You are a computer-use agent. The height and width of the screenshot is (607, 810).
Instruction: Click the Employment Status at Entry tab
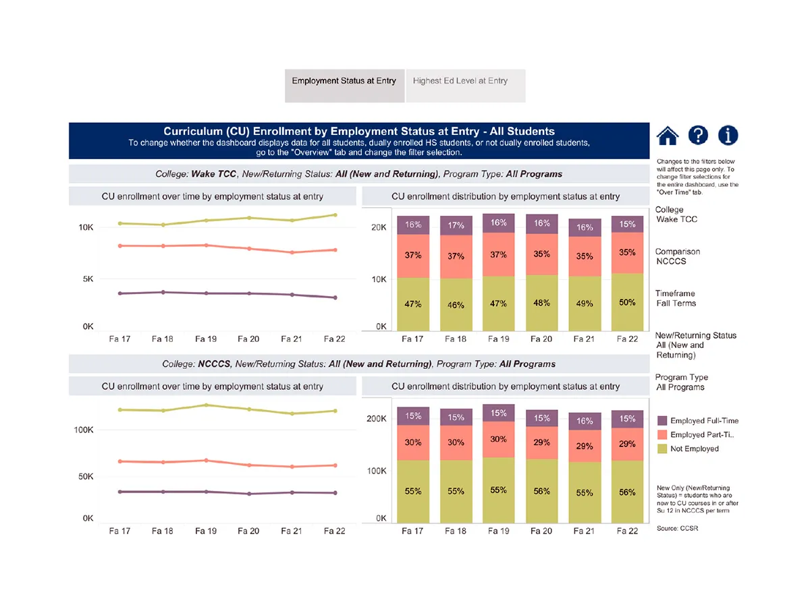pyautogui.click(x=344, y=81)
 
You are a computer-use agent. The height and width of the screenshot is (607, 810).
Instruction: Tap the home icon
pyautogui.click(x=668, y=136)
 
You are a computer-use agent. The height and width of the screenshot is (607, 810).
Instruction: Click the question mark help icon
pyautogui.click(x=698, y=135)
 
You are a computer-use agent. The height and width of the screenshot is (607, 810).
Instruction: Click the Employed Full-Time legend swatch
pyautogui.click(x=661, y=421)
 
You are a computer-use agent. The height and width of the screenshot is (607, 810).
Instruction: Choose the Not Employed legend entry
pyautogui.click(x=695, y=449)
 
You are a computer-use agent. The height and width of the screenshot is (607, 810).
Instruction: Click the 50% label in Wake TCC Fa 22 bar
pyautogui.click(x=627, y=303)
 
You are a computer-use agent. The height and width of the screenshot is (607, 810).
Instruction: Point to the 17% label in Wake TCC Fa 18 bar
pyautogui.click(x=456, y=226)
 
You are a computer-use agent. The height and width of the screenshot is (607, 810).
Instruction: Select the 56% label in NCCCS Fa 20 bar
pyautogui.click(x=541, y=492)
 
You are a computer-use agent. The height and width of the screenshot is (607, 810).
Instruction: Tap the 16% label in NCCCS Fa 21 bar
pyautogui.click(x=585, y=421)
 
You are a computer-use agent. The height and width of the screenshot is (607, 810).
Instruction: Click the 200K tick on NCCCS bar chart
pyautogui.click(x=377, y=419)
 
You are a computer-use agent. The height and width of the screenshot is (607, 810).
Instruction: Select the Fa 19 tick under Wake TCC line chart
pyautogui.click(x=206, y=339)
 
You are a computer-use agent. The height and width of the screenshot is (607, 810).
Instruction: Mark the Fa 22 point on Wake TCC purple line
pyautogui.click(x=335, y=297)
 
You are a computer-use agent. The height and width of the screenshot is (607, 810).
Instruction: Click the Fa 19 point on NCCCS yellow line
pyautogui.click(x=206, y=405)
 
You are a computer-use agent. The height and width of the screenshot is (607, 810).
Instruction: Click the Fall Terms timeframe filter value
pyautogui.click(x=675, y=303)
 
